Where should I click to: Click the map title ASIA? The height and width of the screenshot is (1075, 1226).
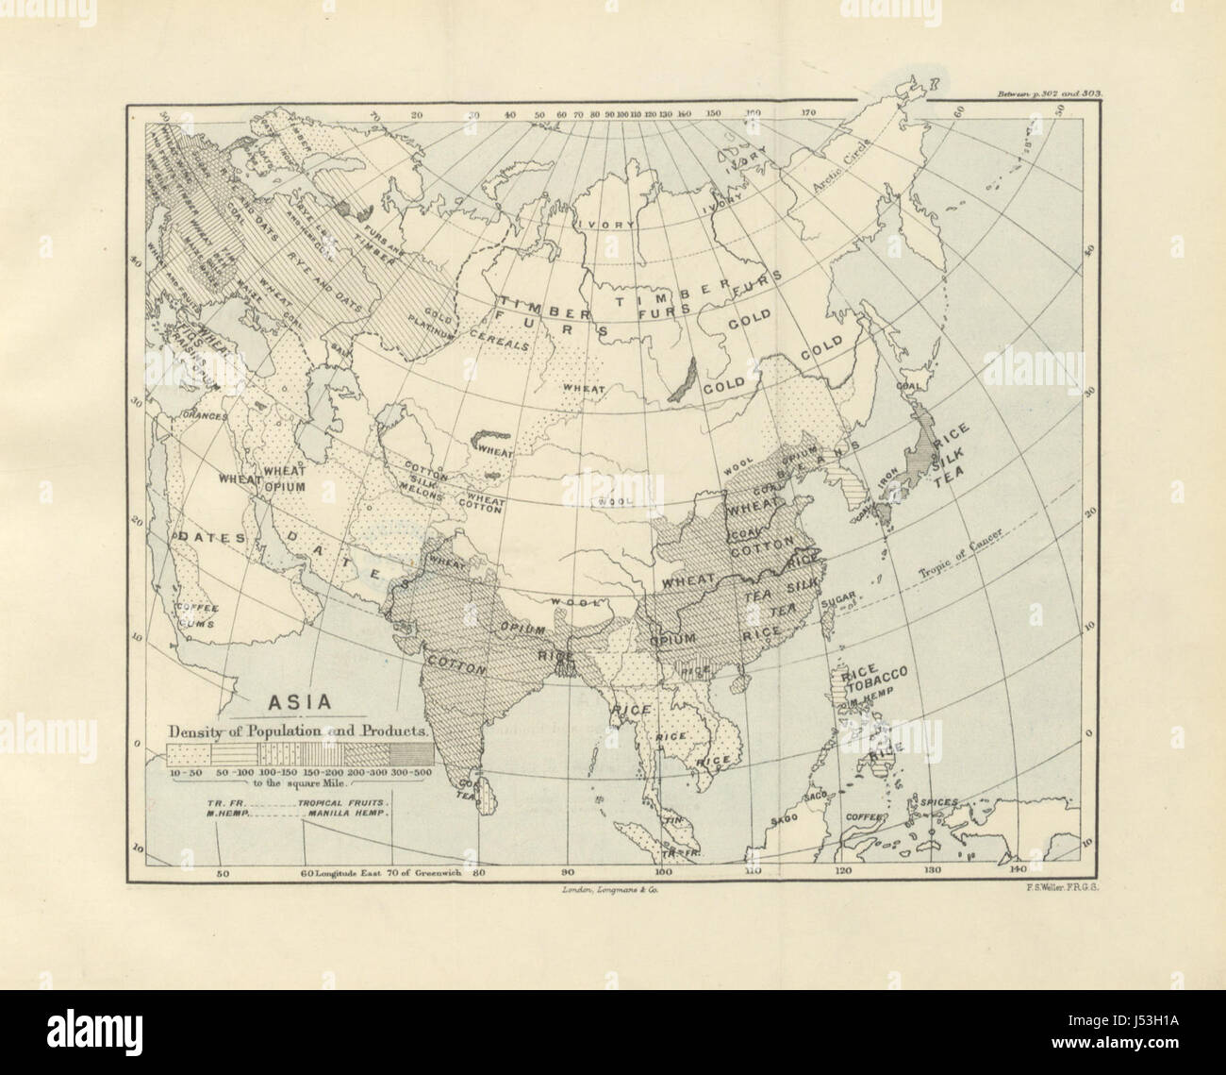tap(300, 702)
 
